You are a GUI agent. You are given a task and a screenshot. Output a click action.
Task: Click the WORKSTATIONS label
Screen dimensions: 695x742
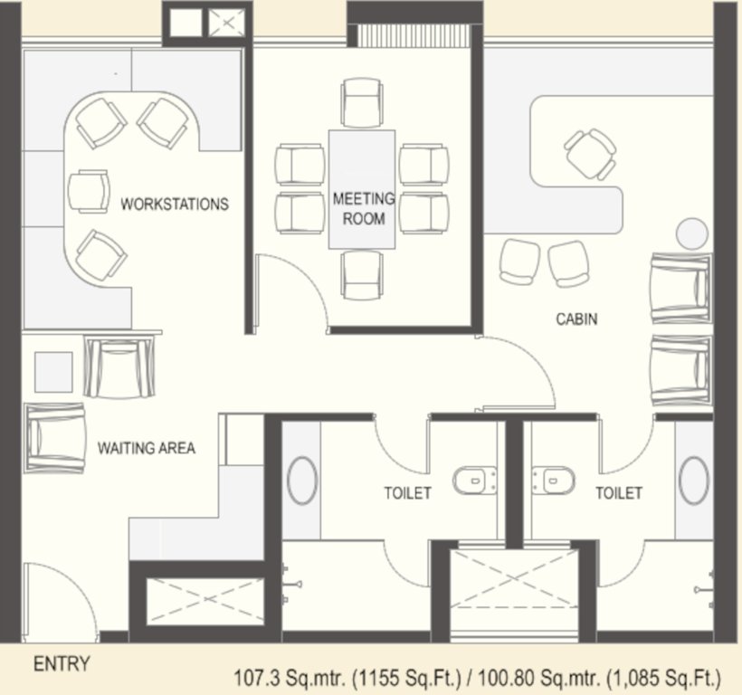tap(175, 204)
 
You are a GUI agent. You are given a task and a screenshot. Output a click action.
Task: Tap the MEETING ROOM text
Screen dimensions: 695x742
tap(364, 208)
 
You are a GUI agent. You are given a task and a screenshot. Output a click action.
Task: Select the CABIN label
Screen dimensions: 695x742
tap(576, 319)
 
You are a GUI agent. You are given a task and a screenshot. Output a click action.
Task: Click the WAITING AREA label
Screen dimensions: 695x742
tap(146, 447)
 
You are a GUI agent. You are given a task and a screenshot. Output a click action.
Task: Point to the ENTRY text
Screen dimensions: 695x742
tap(62, 664)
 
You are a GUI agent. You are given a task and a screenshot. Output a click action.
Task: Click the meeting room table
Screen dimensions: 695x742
tap(362, 188)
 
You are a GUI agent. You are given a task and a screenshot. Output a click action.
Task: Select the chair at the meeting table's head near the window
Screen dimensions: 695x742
tap(363, 101)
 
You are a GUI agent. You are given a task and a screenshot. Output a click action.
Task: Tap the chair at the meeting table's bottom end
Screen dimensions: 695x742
tap(363, 274)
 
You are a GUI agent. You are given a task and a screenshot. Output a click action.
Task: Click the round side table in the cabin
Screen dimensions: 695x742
tap(692, 233)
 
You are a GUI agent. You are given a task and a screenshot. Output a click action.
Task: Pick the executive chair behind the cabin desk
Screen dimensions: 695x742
tap(591, 154)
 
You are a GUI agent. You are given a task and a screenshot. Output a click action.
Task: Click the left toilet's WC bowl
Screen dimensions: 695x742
tap(474, 481)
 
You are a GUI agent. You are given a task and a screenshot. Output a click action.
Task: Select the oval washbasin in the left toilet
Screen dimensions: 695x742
tap(302, 480)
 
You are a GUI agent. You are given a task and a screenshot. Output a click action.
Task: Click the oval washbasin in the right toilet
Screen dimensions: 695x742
tap(694, 480)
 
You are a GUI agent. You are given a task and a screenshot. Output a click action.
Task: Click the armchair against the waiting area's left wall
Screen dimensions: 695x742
tap(56, 438)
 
